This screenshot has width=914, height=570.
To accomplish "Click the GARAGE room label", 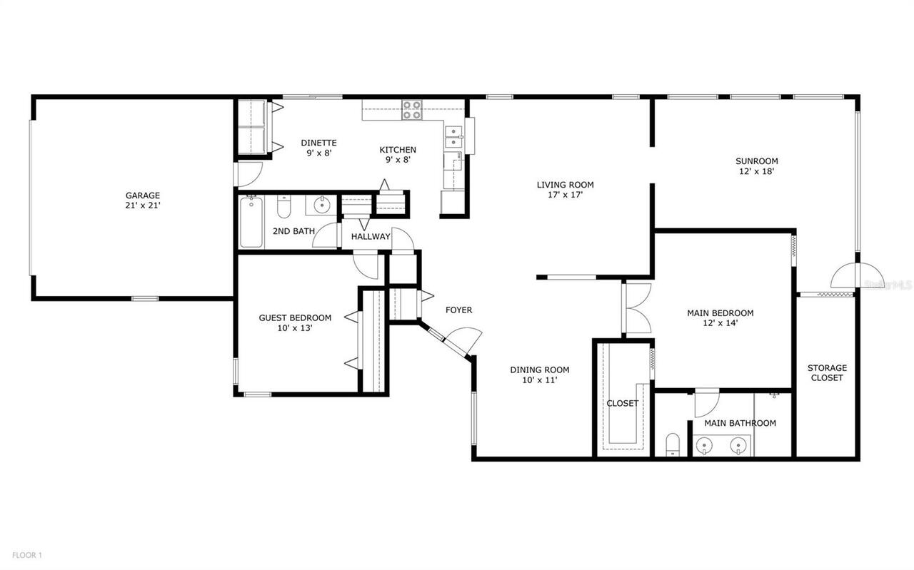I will point(143,195).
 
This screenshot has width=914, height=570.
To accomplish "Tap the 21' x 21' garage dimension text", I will point(143,205).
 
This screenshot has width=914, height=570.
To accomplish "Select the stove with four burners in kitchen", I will point(411,110).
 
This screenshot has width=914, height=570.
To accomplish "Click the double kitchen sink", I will point(453,136).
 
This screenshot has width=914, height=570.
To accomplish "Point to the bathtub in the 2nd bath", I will point(251,222).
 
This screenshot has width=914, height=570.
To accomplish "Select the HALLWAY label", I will point(371,236).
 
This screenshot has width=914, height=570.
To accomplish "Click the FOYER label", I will point(458,310).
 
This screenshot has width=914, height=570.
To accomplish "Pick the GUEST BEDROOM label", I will point(295,317).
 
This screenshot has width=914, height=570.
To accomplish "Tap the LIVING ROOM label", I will point(565,185).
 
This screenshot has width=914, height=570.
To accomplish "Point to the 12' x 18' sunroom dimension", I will point(757,171).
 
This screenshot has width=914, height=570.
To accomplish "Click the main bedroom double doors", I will point(637,308).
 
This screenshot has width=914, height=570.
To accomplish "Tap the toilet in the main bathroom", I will point(672,444).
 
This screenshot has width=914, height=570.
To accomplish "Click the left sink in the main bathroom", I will point(705,446).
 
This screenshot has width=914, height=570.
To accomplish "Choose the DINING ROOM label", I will point(539,370).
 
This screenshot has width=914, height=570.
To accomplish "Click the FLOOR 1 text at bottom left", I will point(26,554).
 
